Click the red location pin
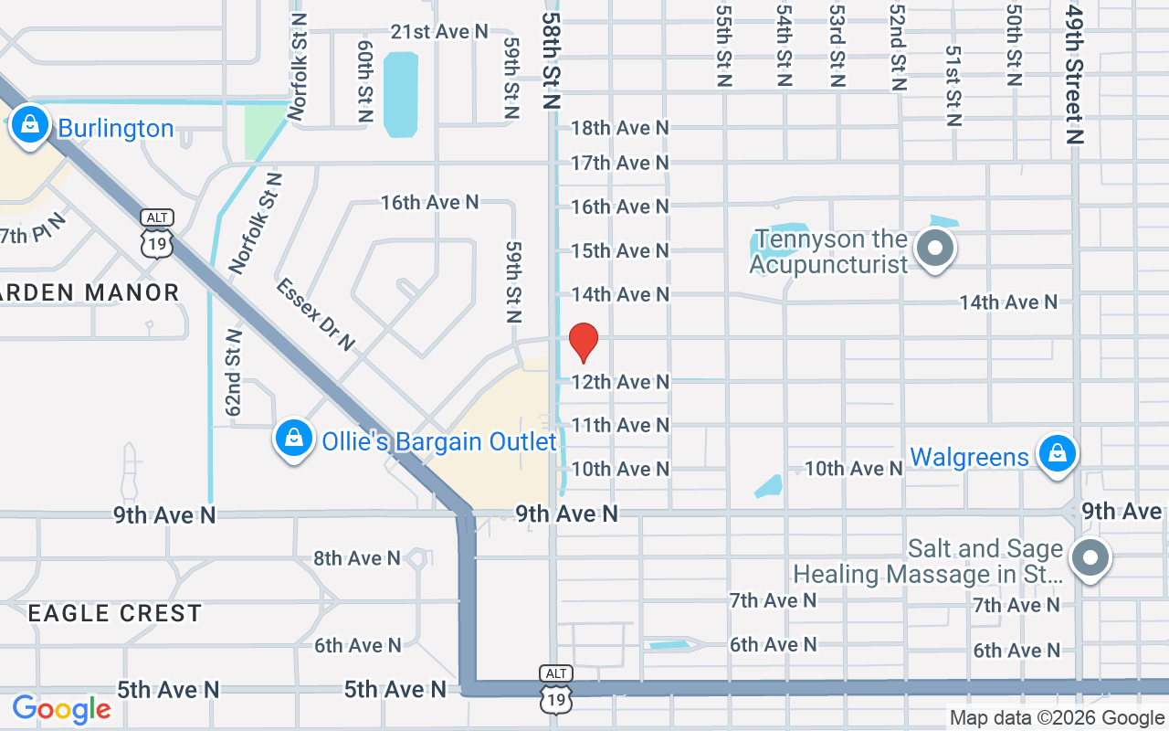[584, 342]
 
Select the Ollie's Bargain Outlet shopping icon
[294, 440]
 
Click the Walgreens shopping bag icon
[1057, 454]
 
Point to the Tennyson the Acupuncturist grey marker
[935, 248]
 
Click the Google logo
[61, 709]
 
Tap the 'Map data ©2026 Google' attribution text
[1057, 718]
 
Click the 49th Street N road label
[1074, 75]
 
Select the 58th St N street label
[550, 60]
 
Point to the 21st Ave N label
[439, 31]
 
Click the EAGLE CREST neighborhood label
[114, 613]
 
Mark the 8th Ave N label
[357, 557]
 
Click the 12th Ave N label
[620, 381]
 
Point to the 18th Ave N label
[620, 128]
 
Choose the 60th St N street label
[366, 81]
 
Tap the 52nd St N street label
[898, 59]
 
